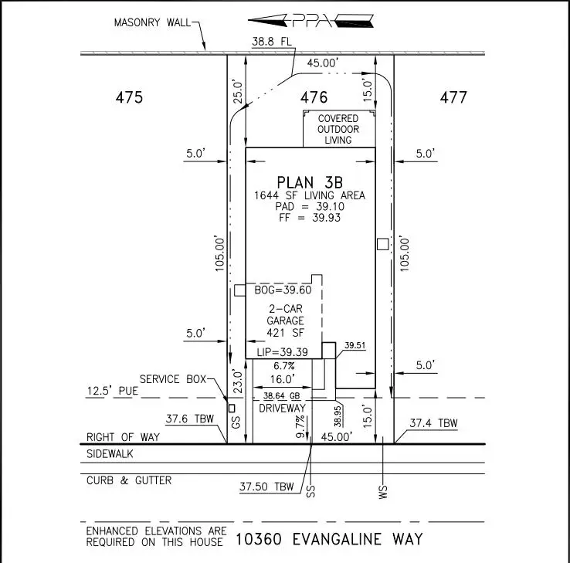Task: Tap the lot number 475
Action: click(129, 98)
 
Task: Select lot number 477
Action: click(453, 98)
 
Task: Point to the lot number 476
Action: click(314, 98)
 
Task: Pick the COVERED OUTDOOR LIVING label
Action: click(338, 129)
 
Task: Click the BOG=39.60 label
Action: click(283, 290)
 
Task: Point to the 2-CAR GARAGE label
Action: click(285, 314)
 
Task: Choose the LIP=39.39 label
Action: click(283, 351)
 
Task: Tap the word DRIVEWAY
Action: click(283, 407)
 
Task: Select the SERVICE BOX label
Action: click(173, 379)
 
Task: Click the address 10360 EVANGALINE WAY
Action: click(330, 538)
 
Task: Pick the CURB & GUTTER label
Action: click(129, 480)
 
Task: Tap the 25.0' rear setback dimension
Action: click(238, 92)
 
